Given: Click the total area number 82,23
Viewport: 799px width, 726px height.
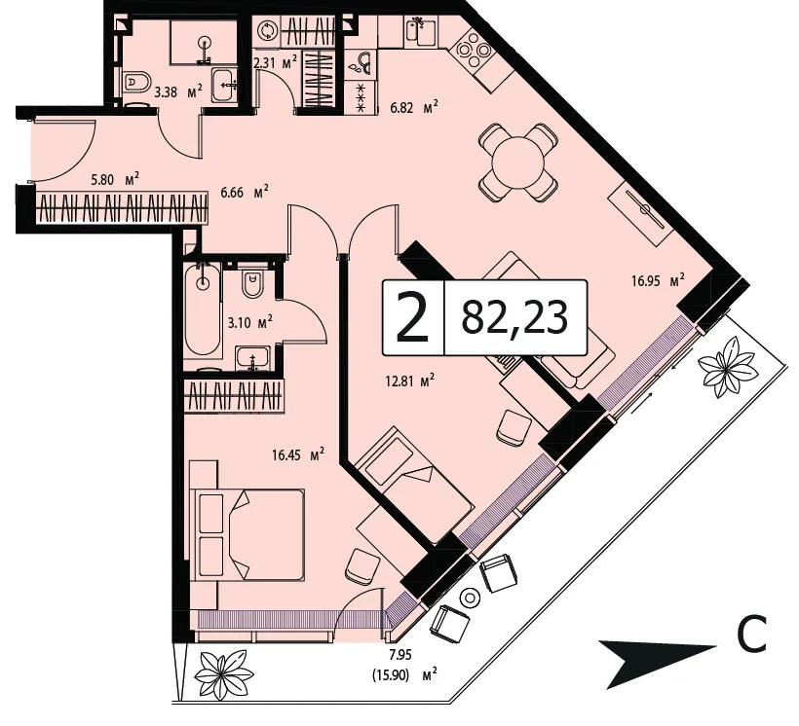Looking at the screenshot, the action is point(514,317).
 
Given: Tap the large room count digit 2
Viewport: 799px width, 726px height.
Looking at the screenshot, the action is point(413,318).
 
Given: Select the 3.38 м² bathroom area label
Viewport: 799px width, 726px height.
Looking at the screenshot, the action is point(178,92).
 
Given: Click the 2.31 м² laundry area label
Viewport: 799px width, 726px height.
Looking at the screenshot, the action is point(275,63).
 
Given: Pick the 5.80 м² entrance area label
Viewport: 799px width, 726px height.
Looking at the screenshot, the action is point(115,179).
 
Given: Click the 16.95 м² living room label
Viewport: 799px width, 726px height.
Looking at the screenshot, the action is point(658,280).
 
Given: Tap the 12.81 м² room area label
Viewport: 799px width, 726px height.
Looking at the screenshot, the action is point(409,381).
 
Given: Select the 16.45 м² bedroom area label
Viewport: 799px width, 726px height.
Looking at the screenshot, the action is point(298,454).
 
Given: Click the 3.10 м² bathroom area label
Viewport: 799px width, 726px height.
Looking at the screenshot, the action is point(249,323).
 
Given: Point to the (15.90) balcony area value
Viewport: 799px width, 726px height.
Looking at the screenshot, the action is point(391,676).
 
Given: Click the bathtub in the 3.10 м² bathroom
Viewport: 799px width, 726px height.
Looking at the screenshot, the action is point(204,309).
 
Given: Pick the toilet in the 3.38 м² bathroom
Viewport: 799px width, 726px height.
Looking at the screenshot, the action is point(136,82).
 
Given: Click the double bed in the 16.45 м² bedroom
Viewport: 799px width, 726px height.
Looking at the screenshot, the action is point(247,534).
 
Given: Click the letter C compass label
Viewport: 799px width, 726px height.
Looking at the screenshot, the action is point(751,635).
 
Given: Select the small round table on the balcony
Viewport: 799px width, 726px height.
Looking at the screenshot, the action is point(470,598).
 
